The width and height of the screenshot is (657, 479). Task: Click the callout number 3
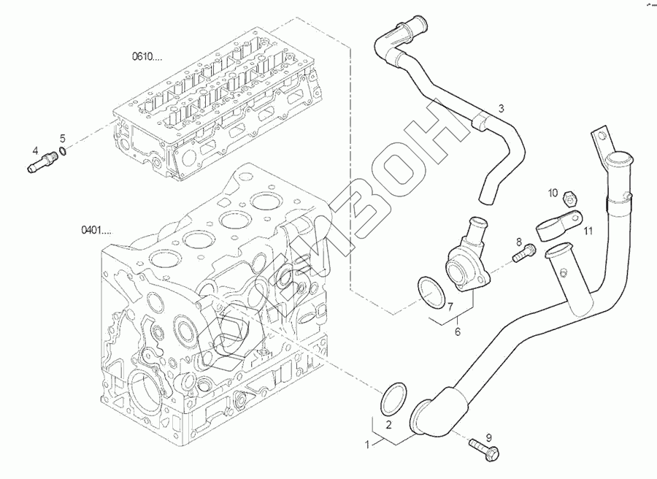click(501, 109)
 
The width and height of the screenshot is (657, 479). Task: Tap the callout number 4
click(35, 152)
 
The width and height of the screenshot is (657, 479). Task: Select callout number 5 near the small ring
click(63, 137)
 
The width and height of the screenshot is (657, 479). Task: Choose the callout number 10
click(553, 193)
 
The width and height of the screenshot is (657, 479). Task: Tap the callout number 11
click(587, 231)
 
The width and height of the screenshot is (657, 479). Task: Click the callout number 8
click(520, 242)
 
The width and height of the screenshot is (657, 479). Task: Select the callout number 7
click(450, 307)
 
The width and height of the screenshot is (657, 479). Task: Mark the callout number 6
click(458, 332)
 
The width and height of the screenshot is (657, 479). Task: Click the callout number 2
click(389, 424)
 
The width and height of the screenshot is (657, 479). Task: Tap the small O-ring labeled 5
click(64, 151)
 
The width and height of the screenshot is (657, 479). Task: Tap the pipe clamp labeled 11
click(558, 223)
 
